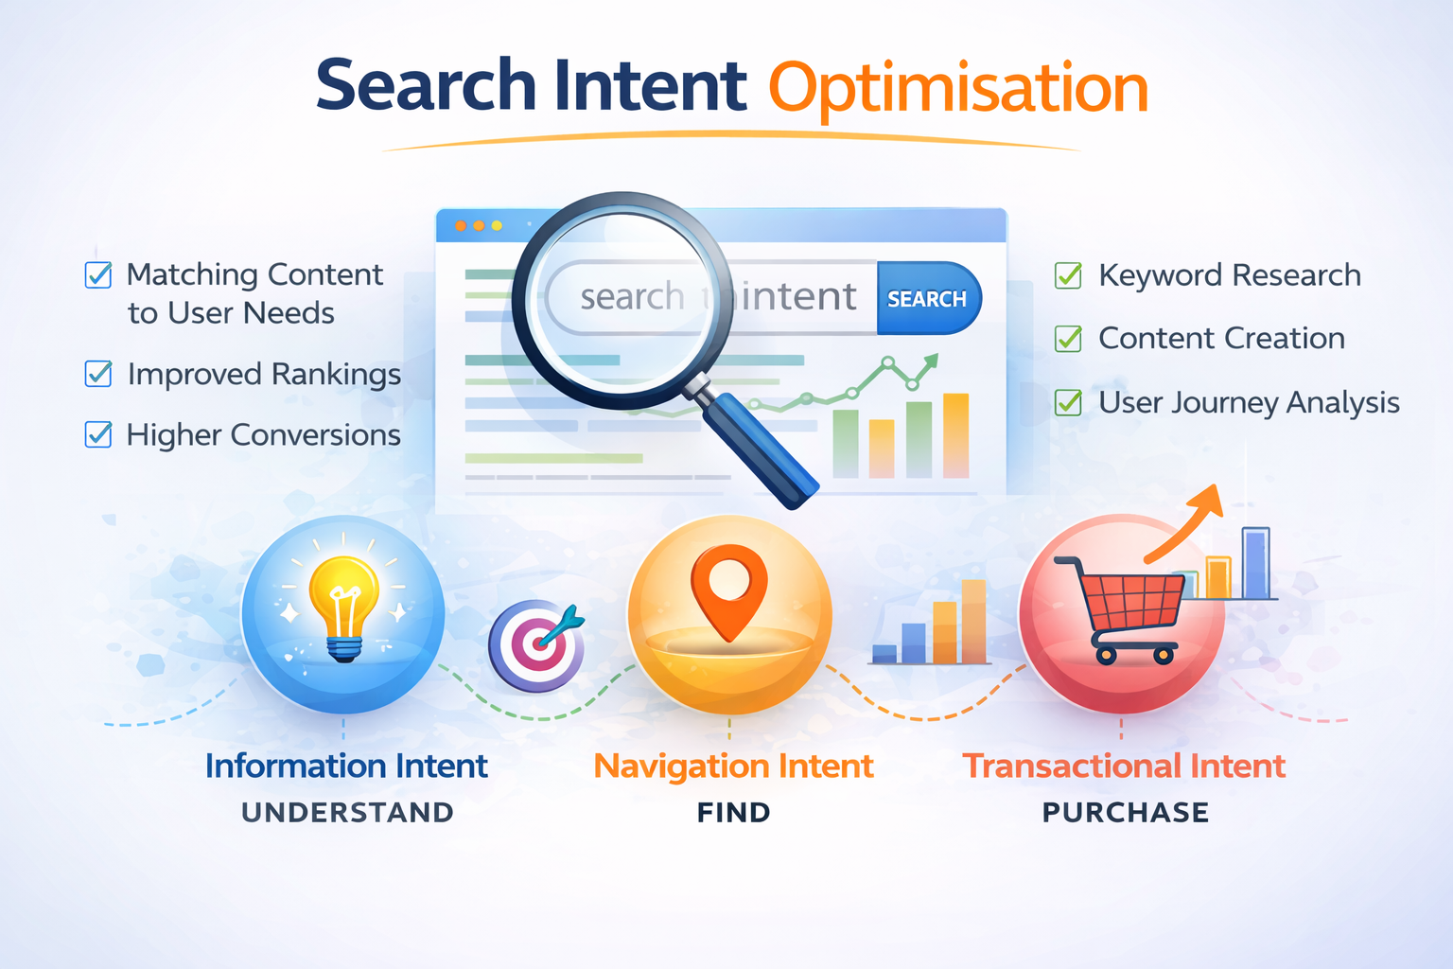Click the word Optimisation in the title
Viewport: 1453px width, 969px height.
click(x=958, y=88)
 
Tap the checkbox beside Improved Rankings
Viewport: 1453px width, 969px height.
click(x=98, y=374)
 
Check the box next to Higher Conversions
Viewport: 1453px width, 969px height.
click(x=98, y=434)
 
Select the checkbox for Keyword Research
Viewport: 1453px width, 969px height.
click(x=1068, y=275)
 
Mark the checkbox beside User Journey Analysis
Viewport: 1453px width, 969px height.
click(x=1068, y=402)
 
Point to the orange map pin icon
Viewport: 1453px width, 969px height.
click(x=728, y=590)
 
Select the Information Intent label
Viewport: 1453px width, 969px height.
click(x=346, y=766)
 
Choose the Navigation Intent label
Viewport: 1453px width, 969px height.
click(x=733, y=766)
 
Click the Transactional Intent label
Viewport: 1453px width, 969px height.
click(x=1124, y=766)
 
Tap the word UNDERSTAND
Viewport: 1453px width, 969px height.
click(x=347, y=812)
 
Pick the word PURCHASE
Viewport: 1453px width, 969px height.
click(x=1126, y=812)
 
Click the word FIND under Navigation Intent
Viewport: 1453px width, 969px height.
click(x=733, y=812)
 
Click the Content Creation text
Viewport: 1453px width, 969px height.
click(x=1221, y=338)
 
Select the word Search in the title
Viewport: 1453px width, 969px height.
click(x=427, y=86)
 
